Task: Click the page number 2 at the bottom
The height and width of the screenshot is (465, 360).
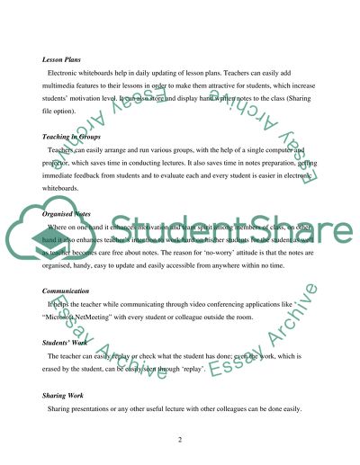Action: pos(180,438)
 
